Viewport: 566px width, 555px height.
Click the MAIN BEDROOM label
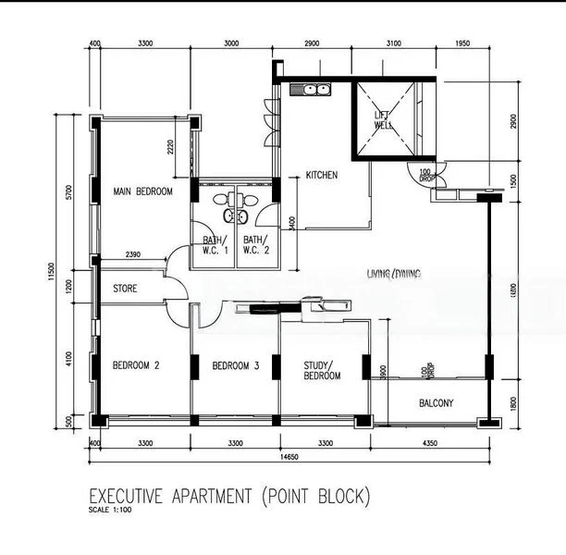pyautogui.click(x=142, y=191)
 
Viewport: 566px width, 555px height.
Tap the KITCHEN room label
pyautogui.click(x=322, y=175)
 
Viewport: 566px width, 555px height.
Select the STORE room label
pyautogui.click(x=125, y=289)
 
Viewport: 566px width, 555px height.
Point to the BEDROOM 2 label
pyautogui.click(x=136, y=365)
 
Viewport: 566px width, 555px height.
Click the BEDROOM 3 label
pyautogui.click(x=235, y=365)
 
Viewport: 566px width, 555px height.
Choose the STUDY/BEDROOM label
pyautogui.click(x=322, y=370)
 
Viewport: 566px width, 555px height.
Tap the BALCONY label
pyautogui.click(x=436, y=403)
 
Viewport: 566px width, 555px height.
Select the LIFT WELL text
pyautogui.click(x=382, y=121)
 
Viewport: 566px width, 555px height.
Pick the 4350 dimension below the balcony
pyautogui.click(x=430, y=444)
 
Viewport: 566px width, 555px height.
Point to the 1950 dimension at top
pyautogui.click(x=463, y=43)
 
